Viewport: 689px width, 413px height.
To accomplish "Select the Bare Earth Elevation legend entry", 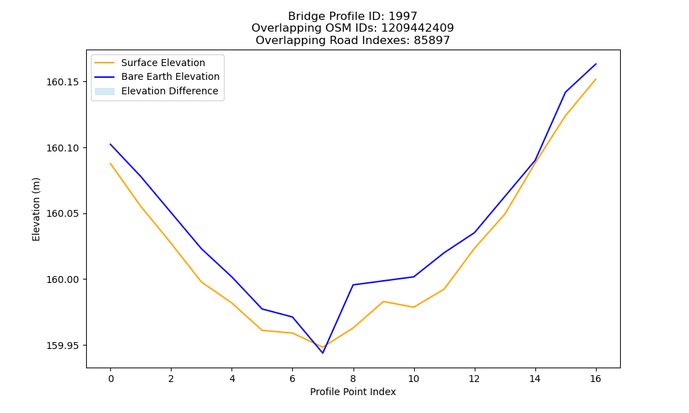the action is coord(157,77).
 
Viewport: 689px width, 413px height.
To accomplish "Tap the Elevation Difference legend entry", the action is coord(156,91).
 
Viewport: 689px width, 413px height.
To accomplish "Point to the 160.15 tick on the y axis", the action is coord(63,83).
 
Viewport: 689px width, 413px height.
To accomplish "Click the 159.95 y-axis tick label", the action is coord(63,346).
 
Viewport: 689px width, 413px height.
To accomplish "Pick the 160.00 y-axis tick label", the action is coord(63,280).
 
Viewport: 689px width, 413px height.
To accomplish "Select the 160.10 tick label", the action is coord(63,149).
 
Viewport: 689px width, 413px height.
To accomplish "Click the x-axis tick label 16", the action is coord(595,379).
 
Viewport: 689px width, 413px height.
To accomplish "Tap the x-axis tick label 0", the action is coord(111,379).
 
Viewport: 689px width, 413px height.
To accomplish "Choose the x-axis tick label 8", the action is coord(353,379).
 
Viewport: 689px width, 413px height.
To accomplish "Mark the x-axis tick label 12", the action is coord(474,379).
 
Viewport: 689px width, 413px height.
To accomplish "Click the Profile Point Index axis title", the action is coord(353,392).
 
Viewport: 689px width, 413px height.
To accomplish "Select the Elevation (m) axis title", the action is coord(36,209).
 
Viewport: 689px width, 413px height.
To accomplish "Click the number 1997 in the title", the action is coord(403,17).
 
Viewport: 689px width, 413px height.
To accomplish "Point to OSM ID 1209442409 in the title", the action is coord(418,28).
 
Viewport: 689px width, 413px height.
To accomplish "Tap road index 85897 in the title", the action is coord(432,41).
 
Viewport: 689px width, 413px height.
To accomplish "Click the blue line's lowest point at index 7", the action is coord(323,353).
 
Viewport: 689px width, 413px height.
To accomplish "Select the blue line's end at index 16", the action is coord(596,64).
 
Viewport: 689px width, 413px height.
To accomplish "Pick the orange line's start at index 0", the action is coord(110,163).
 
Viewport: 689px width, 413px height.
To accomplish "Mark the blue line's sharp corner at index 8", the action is coord(353,285).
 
